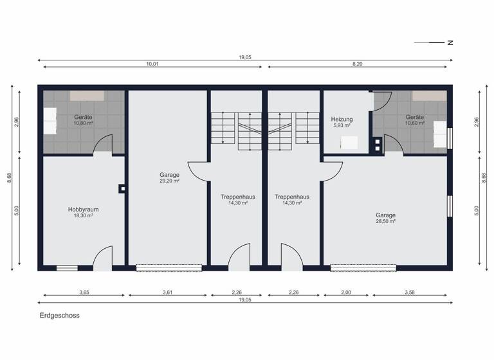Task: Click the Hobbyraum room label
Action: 83,209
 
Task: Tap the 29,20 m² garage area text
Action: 169,181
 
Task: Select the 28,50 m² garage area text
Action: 386,221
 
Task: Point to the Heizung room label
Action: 342,120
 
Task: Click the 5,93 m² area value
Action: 342,126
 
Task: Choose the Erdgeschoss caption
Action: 59,316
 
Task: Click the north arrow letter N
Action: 451,43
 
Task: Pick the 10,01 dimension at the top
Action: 152,64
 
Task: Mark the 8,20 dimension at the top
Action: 360,64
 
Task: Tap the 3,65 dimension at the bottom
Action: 84,292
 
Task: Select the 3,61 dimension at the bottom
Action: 168,292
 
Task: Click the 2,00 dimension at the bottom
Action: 347,292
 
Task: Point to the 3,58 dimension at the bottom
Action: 410,292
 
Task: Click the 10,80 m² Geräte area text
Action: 83,123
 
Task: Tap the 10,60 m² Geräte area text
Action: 415,123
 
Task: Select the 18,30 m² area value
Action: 83,215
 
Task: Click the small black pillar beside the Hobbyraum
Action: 121,188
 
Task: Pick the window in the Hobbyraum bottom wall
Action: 67,267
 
